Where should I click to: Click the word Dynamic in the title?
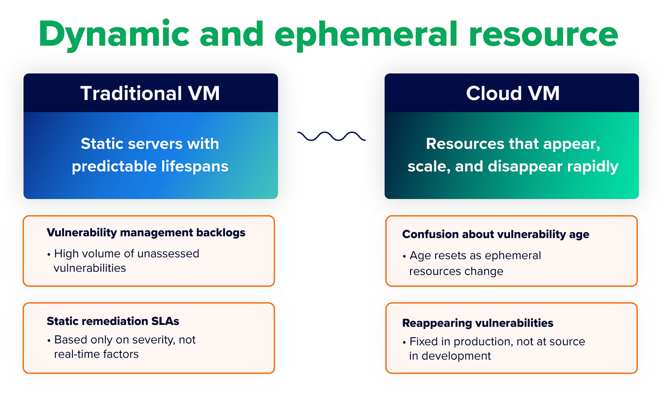pyautogui.click(x=114, y=35)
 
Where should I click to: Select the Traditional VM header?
pyautogui.click(x=150, y=93)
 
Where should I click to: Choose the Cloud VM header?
pyautogui.click(x=513, y=93)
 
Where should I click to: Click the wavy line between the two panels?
pyautogui.click(x=331, y=136)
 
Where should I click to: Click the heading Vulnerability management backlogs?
pyautogui.click(x=146, y=233)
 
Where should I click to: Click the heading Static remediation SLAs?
pyautogui.click(x=113, y=321)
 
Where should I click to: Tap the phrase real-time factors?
pyautogui.click(x=96, y=354)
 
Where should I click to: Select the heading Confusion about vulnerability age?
pyautogui.click(x=495, y=235)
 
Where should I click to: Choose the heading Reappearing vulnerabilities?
pyautogui.click(x=477, y=323)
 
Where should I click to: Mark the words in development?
pyautogui.click(x=450, y=356)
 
